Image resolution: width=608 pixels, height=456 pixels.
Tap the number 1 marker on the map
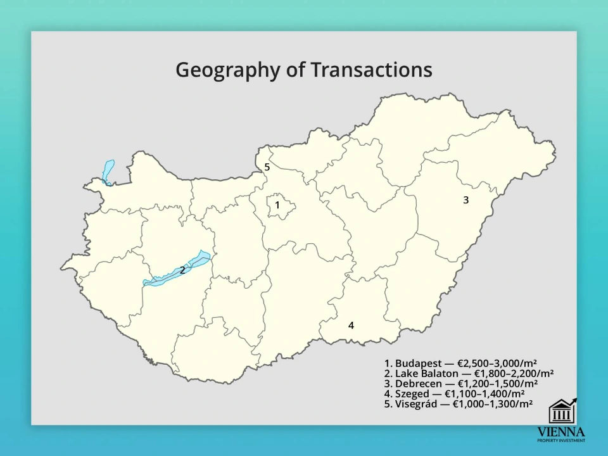[277, 205]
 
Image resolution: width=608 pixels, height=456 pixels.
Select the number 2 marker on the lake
[182, 270]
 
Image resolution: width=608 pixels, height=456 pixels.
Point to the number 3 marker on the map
[465, 200]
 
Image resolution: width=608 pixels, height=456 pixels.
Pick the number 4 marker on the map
[351, 326]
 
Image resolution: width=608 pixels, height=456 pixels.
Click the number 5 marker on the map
[267, 167]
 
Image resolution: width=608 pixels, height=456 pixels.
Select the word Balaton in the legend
[438, 374]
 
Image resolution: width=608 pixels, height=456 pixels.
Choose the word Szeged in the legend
[412, 394]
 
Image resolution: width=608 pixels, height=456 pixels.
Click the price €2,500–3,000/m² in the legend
[497, 364]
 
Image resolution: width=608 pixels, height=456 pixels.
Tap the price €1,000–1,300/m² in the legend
[492, 404]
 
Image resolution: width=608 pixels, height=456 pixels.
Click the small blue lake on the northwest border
[108, 172]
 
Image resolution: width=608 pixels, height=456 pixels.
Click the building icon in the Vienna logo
[560, 412]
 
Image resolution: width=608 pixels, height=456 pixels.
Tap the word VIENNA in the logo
[561, 431]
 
